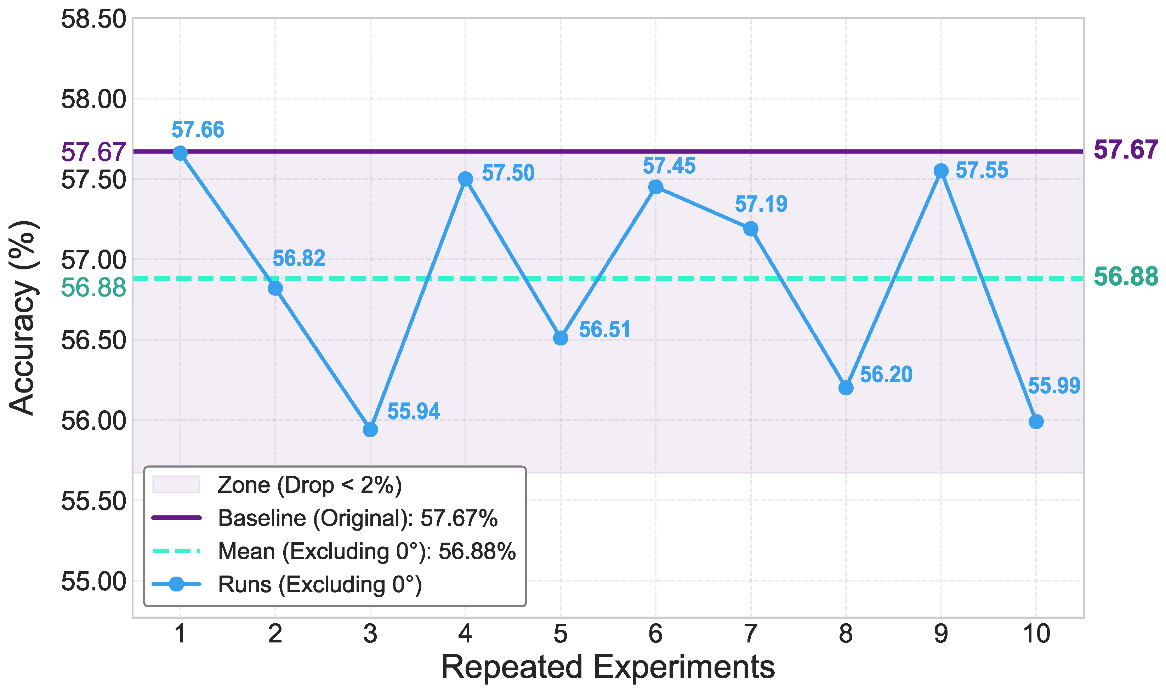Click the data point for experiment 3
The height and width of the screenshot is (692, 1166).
point(370,429)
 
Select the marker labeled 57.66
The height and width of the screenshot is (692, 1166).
point(180,153)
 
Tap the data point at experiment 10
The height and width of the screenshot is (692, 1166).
point(1036,422)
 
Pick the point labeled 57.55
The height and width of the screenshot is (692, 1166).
point(941,171)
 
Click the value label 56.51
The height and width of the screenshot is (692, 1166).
point(604,330)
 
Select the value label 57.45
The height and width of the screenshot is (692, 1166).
point(669,166)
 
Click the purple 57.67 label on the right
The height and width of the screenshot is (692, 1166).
point(1125,150)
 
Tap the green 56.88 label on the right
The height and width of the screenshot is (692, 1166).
point(1125,276)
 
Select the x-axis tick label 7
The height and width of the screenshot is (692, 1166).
point(750,634)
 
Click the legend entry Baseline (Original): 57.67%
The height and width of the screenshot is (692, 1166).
point(357,518)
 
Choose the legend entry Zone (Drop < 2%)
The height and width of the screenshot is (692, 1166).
point(309,485)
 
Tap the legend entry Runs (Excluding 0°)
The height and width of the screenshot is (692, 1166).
point(319,584)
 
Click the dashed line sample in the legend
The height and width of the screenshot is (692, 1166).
point(176,551)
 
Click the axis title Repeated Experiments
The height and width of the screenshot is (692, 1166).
point(608,667)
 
